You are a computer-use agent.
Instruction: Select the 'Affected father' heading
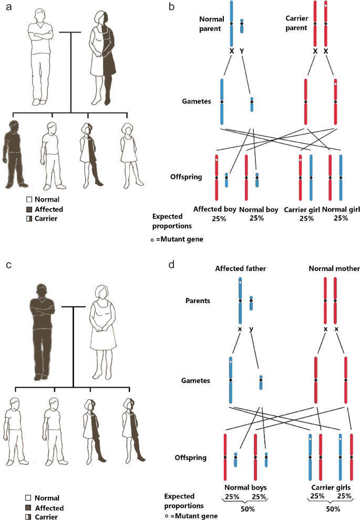[x=237, y=269]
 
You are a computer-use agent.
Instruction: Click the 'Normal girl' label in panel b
[x=341, y=210]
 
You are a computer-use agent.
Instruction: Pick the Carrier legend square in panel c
[x=29, y=517]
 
